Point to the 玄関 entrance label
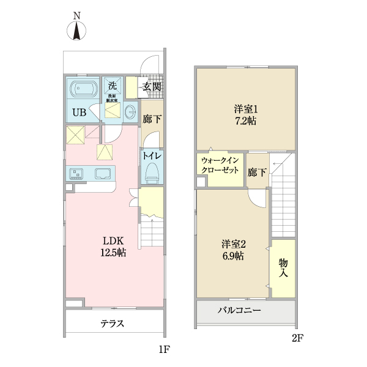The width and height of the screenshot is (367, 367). pyautogui.click(x=152, y=87)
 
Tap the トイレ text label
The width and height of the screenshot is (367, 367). pyautogui.click(x=152, y=156)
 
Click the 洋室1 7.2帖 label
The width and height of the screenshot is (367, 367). pyautogui.click(x=245, y=114)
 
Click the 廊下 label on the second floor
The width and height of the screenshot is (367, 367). pyautogui.click(x=257, y=172)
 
